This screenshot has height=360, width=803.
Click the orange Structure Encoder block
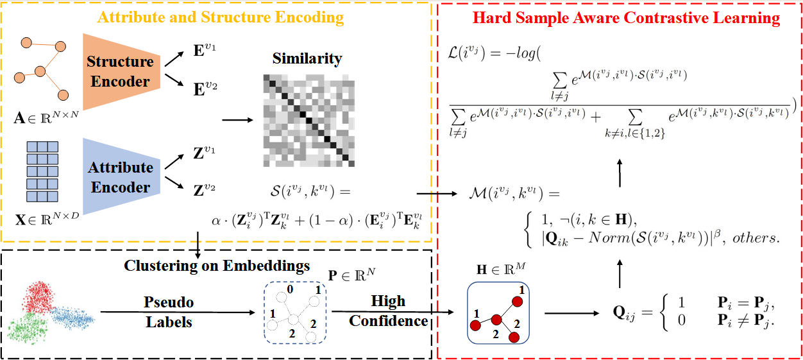coord(121,72)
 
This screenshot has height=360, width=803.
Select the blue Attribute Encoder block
coord(121,176)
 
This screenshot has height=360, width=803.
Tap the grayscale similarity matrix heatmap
coord(309,121)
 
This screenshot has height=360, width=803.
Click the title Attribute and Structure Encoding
coord(221,17)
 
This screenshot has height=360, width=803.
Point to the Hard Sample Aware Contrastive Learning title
coord(626,18)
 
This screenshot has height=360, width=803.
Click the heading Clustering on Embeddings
coord(217,266)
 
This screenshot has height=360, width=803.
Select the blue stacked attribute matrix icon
coord(42,172)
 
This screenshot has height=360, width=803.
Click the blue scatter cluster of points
coord(72,318)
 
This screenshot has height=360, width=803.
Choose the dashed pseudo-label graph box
coord(295,313)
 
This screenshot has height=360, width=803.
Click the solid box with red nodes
coord(498,313)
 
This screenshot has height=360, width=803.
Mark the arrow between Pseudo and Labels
coord(178,312)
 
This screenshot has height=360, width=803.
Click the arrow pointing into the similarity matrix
coord(238,120)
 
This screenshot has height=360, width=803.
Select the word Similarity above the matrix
coord(307,59)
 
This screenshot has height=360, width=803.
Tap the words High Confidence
coord(389,311)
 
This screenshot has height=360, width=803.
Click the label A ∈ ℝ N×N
coord(46,117)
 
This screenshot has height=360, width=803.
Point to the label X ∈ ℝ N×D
coord(47,219)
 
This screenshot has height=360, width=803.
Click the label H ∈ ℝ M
coord(501,269)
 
